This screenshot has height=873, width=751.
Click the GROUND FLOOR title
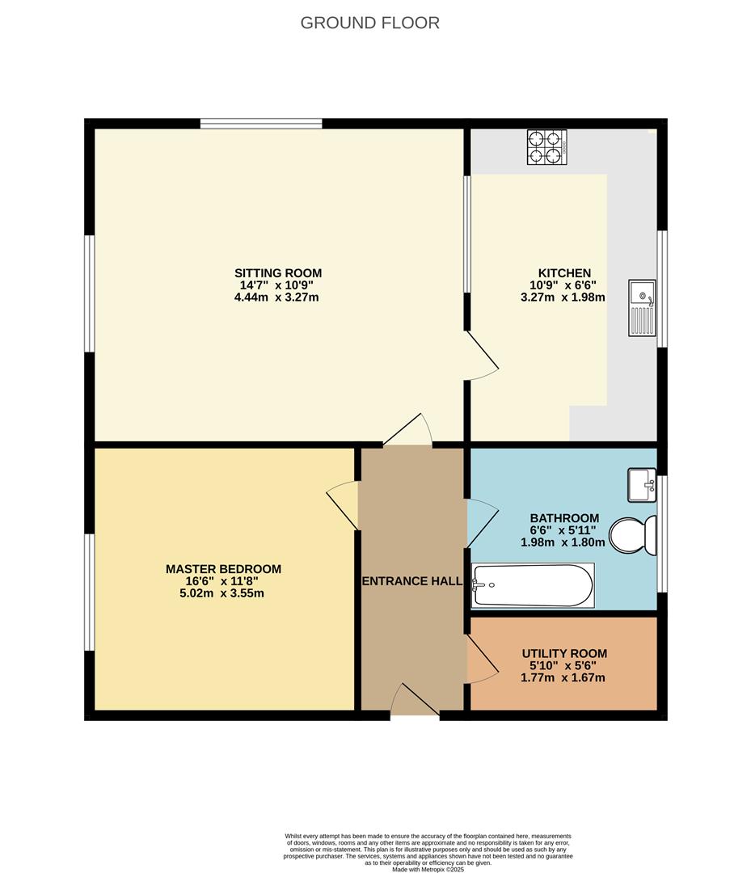click(369, 23)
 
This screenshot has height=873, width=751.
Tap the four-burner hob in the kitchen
click(547, 147)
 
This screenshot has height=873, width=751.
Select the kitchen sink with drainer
click(643, 308)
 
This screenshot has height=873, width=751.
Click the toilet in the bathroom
click(633, 535)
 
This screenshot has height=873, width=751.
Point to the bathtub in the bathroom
click(533, 585)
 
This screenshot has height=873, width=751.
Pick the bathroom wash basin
click(642, 485)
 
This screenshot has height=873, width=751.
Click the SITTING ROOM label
click(278, 273)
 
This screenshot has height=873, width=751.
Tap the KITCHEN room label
click(564, 273)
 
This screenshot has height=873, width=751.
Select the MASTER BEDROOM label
click(223, 569)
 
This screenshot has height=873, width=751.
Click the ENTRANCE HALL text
click(412, 581)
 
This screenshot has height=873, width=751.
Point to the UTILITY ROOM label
click(564, 654)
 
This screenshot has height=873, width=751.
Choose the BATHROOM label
click(564, 518)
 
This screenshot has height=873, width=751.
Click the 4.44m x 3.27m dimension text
click(276, 297)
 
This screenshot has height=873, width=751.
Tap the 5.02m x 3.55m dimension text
click(222, 593)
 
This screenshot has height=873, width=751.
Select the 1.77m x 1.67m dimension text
click(563, 678)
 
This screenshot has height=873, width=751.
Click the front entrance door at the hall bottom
click(415, 699)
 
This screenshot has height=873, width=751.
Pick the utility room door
click(482, 660)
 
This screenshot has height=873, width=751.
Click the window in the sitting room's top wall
click(261, 124)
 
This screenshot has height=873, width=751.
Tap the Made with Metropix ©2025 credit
click(428, 869)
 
